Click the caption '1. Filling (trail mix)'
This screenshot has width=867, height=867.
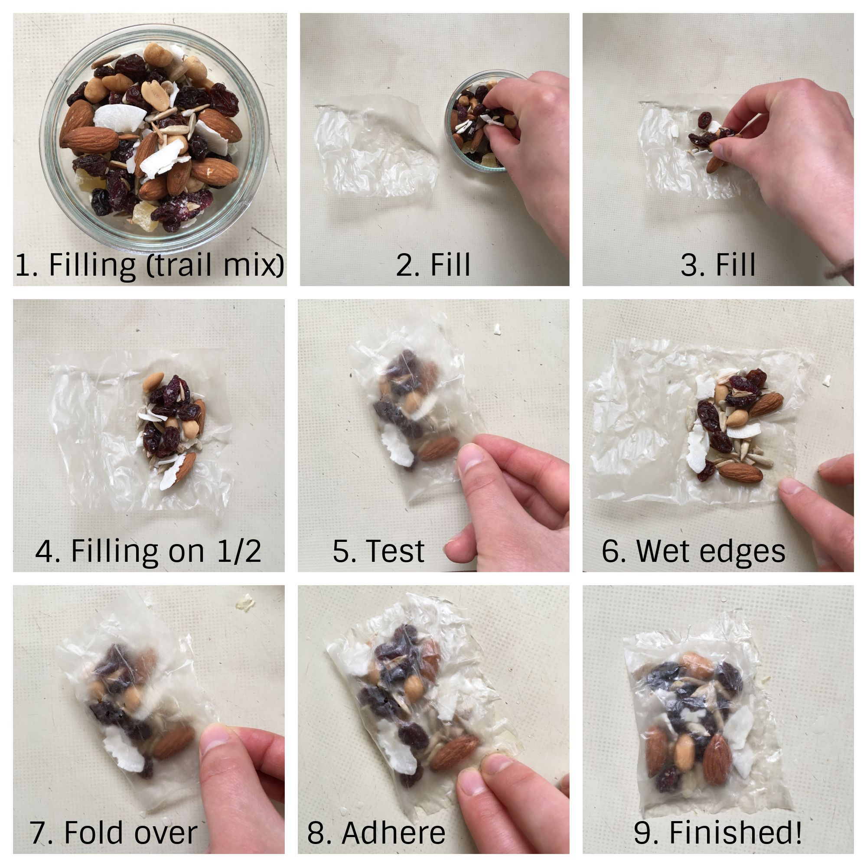(x=150, y=265)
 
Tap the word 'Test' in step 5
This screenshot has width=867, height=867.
(x=395, y=551)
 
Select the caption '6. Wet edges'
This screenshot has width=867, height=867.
(x=693, y=551)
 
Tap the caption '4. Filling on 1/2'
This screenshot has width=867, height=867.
(x=148, y=551)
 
